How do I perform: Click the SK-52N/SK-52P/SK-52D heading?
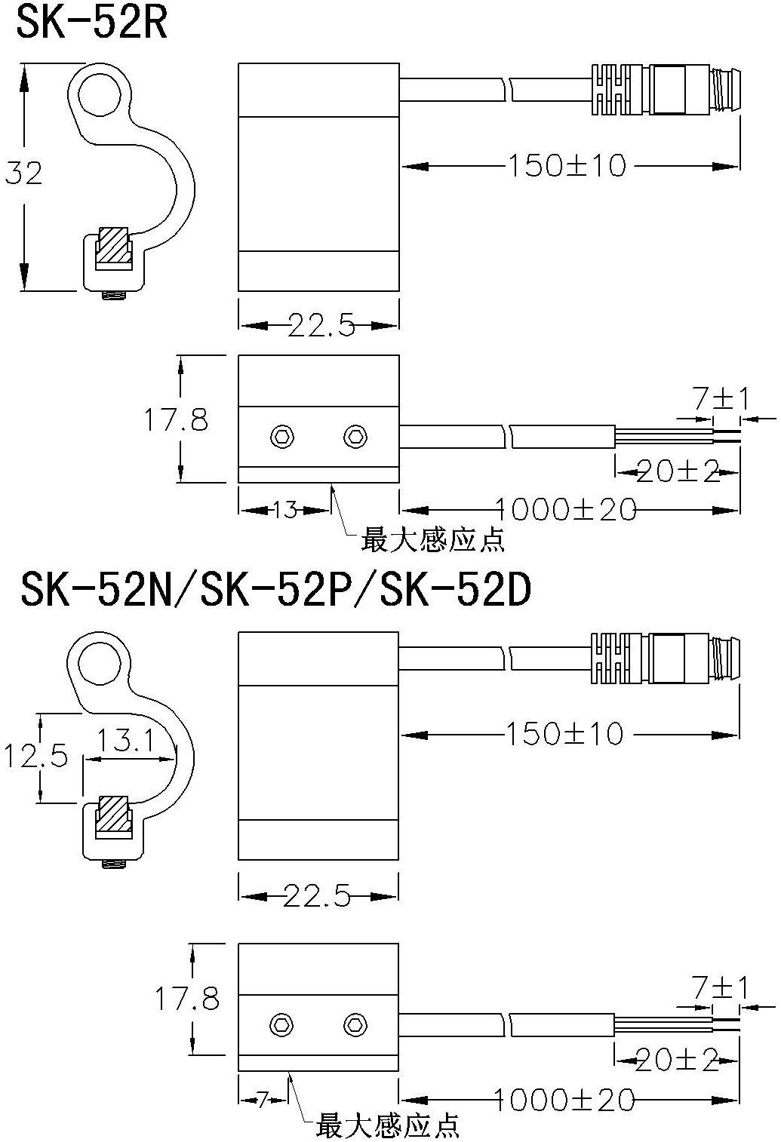(275, 591)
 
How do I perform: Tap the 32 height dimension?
(23, 173)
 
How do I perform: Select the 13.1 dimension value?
(125, 740)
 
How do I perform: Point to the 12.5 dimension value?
(35, 756)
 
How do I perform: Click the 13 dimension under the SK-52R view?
(285, 509)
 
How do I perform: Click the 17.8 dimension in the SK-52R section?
(176, 420)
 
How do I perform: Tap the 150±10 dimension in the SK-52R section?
(567, 166)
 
